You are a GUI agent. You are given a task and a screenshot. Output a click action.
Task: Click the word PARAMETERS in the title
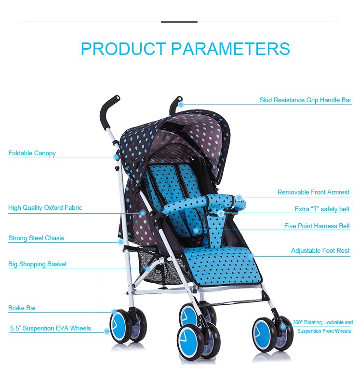[x=230, y=49]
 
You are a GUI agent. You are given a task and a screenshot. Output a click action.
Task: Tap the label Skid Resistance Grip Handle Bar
[x=306, y=100]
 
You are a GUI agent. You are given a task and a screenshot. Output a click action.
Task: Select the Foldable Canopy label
[x=32, y=153]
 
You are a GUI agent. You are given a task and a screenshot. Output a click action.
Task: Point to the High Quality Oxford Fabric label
[x=45, y=208]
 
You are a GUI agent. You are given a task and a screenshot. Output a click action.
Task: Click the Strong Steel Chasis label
[x=36, y=238]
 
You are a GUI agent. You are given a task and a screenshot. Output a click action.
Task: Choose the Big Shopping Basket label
[x=37, y=264]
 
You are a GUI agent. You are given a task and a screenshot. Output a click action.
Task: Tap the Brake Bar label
[x=22, y=308]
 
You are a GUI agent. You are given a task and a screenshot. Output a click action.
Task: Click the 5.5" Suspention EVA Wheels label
[x=51, y=329]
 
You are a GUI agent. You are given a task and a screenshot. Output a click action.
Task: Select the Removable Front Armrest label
[x=313, y=192]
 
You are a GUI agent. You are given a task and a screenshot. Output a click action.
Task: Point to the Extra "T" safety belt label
[x=322, y=209]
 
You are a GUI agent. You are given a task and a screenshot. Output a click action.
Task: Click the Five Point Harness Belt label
[x=317, y=226]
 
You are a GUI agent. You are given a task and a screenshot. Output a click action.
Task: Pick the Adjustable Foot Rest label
[x=320, y=251]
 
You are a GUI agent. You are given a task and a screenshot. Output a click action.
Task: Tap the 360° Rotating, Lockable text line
[x=322, y=322]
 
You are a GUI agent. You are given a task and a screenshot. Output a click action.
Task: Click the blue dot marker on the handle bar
[x=181, y=104]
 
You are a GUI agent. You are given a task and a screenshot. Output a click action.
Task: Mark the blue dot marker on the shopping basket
[x=148, y=268]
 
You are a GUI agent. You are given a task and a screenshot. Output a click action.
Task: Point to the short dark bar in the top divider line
[x=179, y=22]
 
